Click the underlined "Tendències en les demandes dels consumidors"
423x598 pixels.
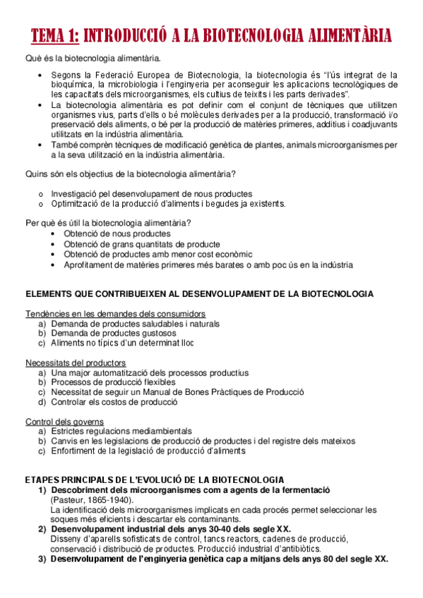click(x=115, y=313)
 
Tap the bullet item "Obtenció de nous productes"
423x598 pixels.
click(x=117, y=233)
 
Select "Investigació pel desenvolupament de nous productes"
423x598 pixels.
click(x=151, y=194)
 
